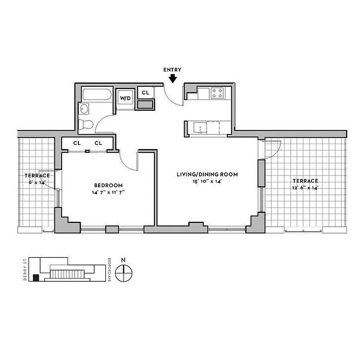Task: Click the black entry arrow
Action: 173,78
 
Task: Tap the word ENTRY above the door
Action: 172,70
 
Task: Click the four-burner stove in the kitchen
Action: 217,93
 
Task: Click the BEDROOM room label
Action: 108,185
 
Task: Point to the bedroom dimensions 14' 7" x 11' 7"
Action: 108,192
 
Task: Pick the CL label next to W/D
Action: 145,92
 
